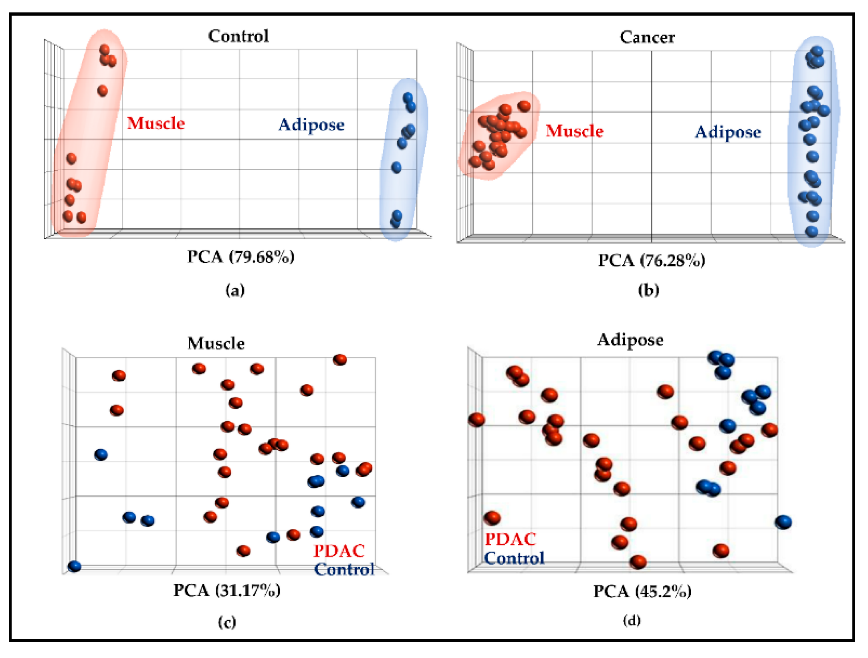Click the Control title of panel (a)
[238, 36]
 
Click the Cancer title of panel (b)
[647, 37]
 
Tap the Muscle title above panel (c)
[216, 343]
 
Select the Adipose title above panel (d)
[630, 340]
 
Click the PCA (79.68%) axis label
[241, 257]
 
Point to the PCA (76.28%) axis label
[652, 260]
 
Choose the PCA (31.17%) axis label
[227, 590]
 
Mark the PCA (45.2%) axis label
[642, 591]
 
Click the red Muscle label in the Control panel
[156, 123]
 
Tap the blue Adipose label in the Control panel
[311, 125]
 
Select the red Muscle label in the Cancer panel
[574, 131]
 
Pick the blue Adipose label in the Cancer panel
[728, 132]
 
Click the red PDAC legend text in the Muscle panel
[339, 551]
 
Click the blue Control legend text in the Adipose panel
[514, 558]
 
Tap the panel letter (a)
[235, 290]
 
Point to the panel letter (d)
[632, 620]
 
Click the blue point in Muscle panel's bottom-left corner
[75, 566]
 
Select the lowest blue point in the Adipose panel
[783, 522]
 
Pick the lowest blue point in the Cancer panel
[811, 232]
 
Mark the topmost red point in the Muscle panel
[340, 359]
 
